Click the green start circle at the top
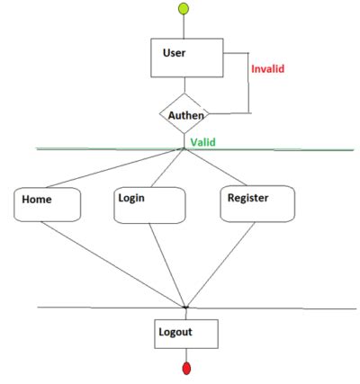[184, 10]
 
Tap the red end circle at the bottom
[186, 369]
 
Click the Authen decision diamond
[184, 114]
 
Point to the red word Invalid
[271, 68]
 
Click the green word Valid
[203, 142]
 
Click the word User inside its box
[174, 52]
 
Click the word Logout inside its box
[176, 331]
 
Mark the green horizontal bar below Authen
[108, 148]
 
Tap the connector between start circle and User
[184, 27]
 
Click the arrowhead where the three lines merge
[185, 307]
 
